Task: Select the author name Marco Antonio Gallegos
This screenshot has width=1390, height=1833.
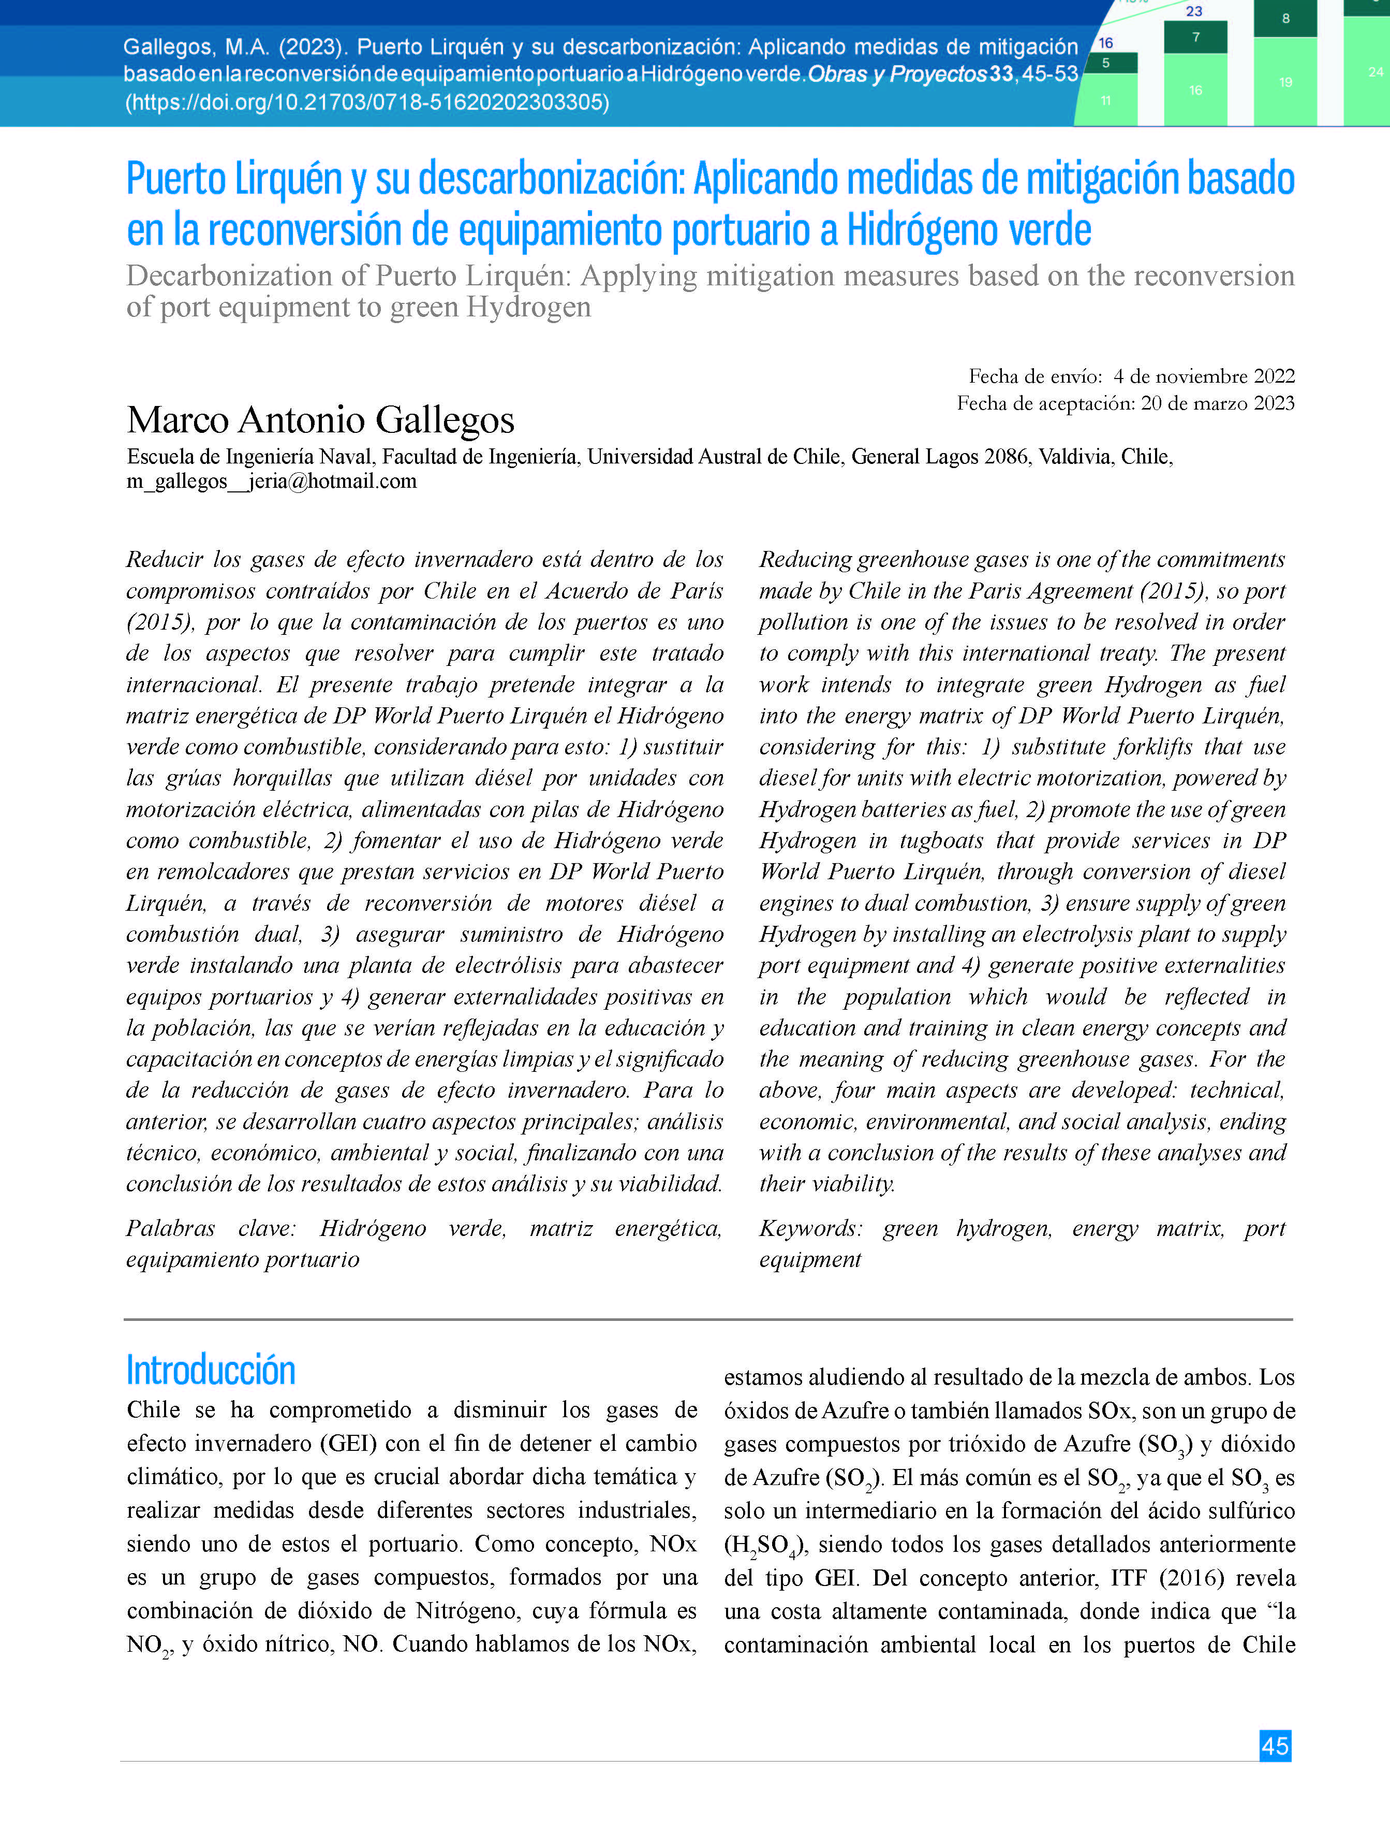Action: (x=320, y=420)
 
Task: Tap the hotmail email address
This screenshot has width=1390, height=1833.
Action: (x=271, y=482)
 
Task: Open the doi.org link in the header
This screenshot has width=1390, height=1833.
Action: (x=367, y=103)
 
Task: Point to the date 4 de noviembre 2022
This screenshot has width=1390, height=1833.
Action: (x=1204, y=376)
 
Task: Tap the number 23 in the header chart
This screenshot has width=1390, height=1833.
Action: (x=1194, y=11)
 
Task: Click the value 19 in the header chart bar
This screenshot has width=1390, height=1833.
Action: (x=1285, y=82)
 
